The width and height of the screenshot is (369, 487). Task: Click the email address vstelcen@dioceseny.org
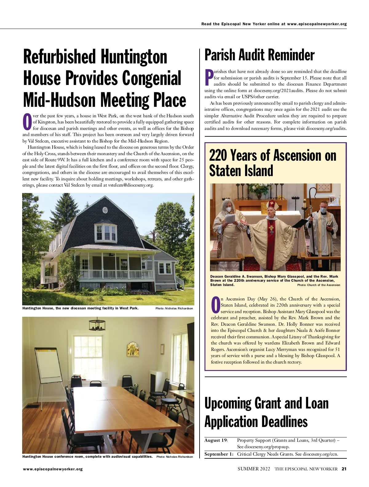click(131, 185)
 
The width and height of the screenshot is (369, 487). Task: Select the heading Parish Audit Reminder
click(259, 55)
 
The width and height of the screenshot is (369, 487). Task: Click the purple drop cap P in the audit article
click(209, 78)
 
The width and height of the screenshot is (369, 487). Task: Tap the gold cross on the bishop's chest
click(271, 229)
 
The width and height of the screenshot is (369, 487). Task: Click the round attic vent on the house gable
click(105, 210)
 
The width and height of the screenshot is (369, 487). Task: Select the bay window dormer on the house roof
click(105, 231)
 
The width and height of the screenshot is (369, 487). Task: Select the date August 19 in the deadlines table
click(216, 441)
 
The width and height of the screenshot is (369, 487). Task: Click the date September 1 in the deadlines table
click(219, 454)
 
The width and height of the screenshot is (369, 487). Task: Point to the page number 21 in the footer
click(344, 469)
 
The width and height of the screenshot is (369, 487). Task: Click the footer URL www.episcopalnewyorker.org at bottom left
click(53, 469)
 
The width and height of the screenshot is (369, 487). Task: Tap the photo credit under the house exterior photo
click(174, 308)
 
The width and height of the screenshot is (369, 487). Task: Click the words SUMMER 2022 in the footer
click(254, 469)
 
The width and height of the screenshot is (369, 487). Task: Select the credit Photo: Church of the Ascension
click(319, 285)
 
